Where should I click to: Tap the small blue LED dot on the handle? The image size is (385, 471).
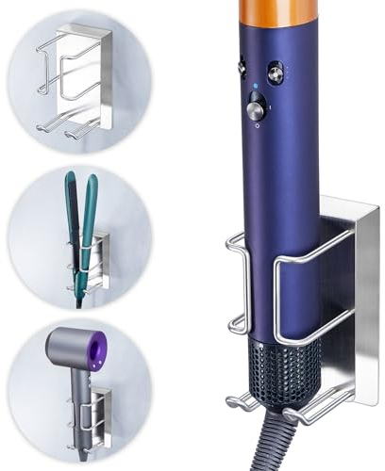coord(255,93)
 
